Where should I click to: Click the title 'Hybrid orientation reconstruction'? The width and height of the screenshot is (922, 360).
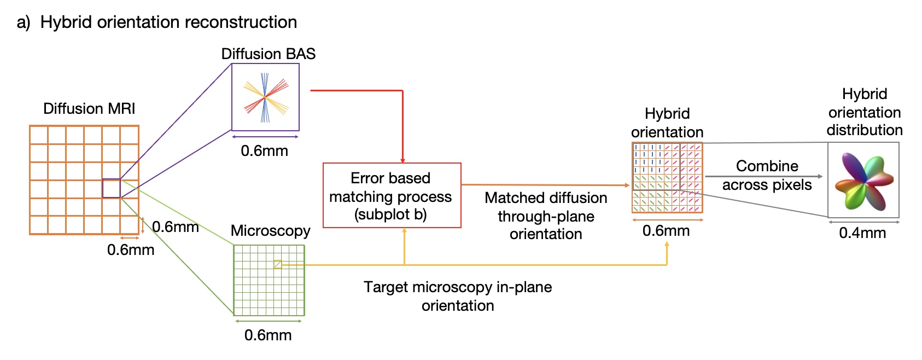point(168,22)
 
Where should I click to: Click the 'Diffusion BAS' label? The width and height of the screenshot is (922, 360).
point(268,54)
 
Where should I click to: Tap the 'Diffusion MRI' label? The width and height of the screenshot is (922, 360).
point(89,108)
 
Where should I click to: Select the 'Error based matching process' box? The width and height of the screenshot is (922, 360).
point(392,195)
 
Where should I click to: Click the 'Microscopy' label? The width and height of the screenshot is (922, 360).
point(270,231)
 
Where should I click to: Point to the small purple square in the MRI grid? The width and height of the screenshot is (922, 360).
point(111,188)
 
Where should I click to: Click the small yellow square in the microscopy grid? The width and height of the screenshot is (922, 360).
point(278,264)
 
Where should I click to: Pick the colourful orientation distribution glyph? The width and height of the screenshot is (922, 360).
point(863,181)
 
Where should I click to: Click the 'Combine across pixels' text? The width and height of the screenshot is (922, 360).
point(767,176)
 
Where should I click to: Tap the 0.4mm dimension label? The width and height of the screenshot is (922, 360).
point(862,233)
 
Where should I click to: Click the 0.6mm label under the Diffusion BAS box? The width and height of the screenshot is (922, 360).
point(264,151)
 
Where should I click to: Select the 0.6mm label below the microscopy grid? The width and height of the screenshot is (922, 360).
point(268,335)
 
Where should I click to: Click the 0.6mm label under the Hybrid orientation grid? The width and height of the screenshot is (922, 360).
point(666,231)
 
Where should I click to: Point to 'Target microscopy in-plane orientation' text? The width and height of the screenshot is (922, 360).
point(458,296)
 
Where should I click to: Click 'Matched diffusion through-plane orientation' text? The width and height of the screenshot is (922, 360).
point(546,216)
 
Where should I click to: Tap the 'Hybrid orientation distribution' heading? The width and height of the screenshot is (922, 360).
point(864,112)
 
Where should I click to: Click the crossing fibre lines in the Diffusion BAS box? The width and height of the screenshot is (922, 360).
point(266,97)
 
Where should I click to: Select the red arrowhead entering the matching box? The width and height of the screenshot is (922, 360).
point(402,160)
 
